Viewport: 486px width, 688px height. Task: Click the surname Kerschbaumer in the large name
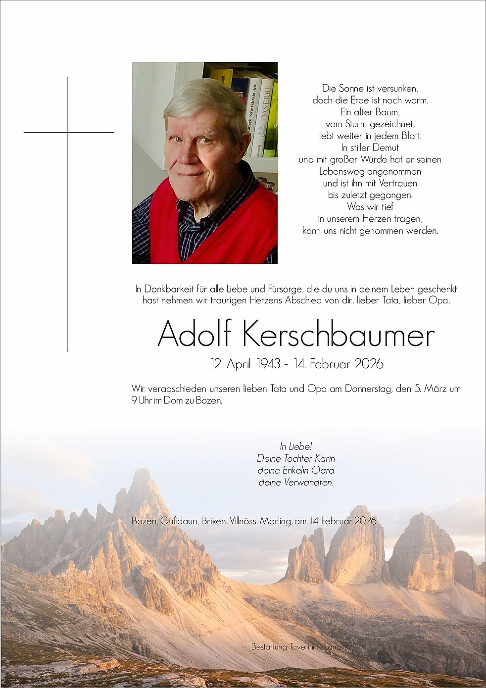pos(339,335)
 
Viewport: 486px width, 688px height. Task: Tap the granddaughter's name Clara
pos(323,470)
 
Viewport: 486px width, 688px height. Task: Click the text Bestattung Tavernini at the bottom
pos(282,647)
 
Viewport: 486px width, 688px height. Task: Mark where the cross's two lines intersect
pos(68,133)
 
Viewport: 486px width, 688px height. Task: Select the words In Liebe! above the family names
pos(296,446)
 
